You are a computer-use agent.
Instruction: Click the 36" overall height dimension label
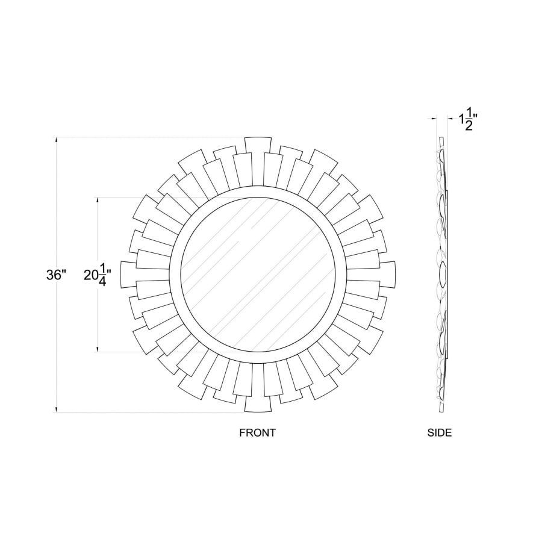(56, 275)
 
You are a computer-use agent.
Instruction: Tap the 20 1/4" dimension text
(98, 275)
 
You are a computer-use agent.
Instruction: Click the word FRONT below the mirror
(258, 432)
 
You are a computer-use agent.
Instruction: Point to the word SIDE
(440, 432)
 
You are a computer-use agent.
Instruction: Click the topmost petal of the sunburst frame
(258, 145)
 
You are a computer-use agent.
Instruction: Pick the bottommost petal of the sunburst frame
(258, 403)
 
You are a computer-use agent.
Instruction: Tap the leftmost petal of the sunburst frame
(129, 275)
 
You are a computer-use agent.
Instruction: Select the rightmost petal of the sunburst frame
(387, 275)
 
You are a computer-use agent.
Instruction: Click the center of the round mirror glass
(258, 275)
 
